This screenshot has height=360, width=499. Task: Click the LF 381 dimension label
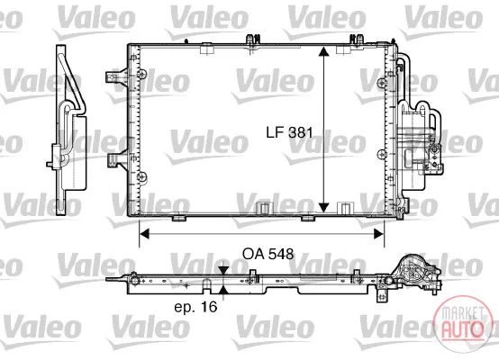[289, 132]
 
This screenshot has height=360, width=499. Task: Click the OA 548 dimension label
[268, 254]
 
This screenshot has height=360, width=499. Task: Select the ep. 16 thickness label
[195, 307]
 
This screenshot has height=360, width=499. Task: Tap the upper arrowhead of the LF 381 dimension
[323, 51]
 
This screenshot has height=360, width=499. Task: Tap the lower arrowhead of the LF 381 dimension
[323, 208]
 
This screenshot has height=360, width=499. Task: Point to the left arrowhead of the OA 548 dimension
[144, 234]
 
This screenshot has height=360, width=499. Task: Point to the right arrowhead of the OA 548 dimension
[379, 234]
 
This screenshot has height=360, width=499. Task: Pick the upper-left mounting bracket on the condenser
[116, 76]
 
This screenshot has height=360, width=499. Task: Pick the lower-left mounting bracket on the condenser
[116, 159]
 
